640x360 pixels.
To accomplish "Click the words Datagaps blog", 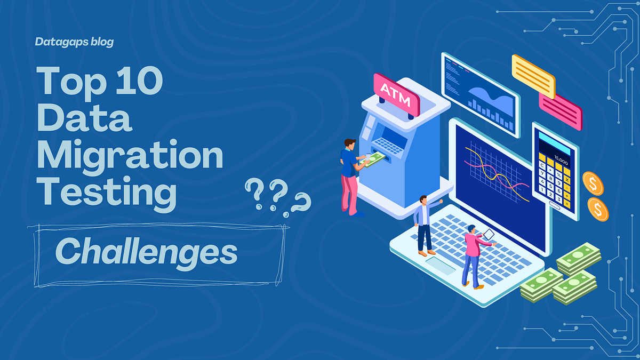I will [x=75, y=41].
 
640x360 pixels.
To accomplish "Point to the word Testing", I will [x=106, y=194].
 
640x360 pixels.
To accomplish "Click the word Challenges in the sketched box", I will [x=146, y=251].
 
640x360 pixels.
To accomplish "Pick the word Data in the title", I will [x=84, y=118].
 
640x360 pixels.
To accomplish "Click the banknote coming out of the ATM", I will [x=375, y=158].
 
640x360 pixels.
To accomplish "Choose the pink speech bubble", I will [x=561, y=110].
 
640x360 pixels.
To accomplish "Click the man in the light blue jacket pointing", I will [x=425, y=224].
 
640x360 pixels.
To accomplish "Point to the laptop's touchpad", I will [x=440, y=265].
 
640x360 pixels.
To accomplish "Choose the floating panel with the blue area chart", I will [x=480, y=94].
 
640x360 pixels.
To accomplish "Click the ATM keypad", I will [x=388, y=145].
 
